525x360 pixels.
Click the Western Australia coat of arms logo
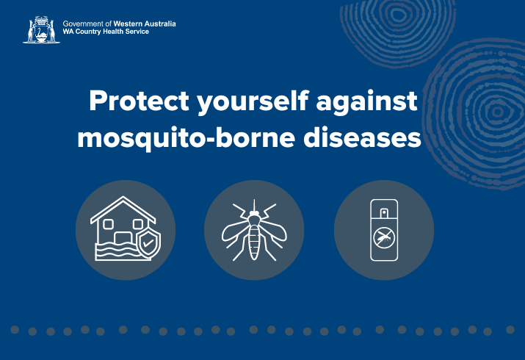42,30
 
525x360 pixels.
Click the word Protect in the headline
139,101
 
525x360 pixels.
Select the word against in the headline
366,102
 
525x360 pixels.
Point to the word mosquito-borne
187,138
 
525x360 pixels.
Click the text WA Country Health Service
106,32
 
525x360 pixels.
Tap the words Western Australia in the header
145,24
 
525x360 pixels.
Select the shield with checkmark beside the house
148,243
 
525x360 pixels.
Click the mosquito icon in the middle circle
254,231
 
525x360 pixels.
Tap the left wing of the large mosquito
236,231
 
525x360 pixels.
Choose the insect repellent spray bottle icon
384,230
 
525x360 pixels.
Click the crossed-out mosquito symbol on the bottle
384,238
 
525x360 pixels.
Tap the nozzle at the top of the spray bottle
384,212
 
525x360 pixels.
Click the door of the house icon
123,238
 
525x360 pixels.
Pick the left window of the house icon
108,224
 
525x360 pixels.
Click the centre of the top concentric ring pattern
398,15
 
